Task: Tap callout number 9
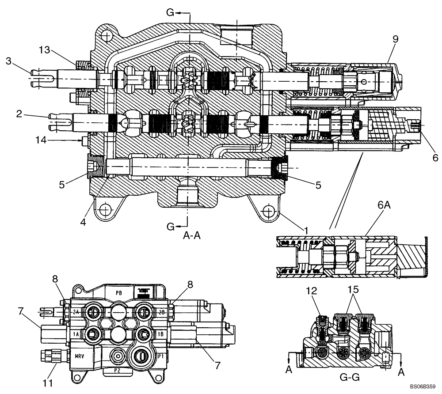[395, 39]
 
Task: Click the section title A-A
[192, 236]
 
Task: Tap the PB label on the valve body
[118, 292]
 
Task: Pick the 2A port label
[76, 311]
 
